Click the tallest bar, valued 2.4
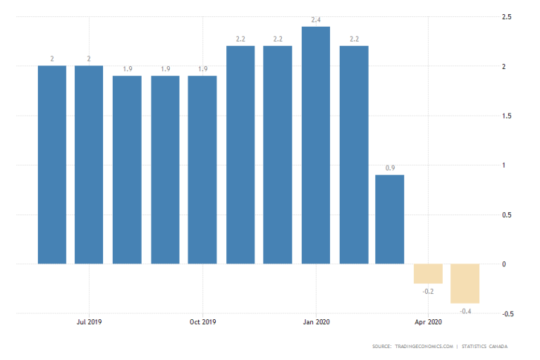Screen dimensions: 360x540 [316, 145]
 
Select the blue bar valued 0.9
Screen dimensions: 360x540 [390, 219]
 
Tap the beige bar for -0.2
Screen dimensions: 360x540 [428, 273]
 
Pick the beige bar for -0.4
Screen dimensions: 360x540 [466, 283]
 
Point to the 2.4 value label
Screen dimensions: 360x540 [316, 20]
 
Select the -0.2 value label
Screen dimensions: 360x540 [428, 291]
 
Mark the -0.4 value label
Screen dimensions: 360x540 [466, 310]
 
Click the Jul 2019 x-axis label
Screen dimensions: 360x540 [89, 322]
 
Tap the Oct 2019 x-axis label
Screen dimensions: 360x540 [202, 322]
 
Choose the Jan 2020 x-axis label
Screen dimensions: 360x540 [316, 322]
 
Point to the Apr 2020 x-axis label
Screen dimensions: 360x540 [428, 322]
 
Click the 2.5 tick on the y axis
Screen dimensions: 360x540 [508, 17]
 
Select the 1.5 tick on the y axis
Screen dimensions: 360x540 [508, 116]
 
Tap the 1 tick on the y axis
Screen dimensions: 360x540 [505, 165]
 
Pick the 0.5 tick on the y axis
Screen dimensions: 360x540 [508, 215]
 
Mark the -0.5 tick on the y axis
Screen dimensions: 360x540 [509, 313]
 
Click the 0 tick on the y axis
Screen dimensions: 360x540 [505, 264]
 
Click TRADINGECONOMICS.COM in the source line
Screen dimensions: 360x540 [422, 347]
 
